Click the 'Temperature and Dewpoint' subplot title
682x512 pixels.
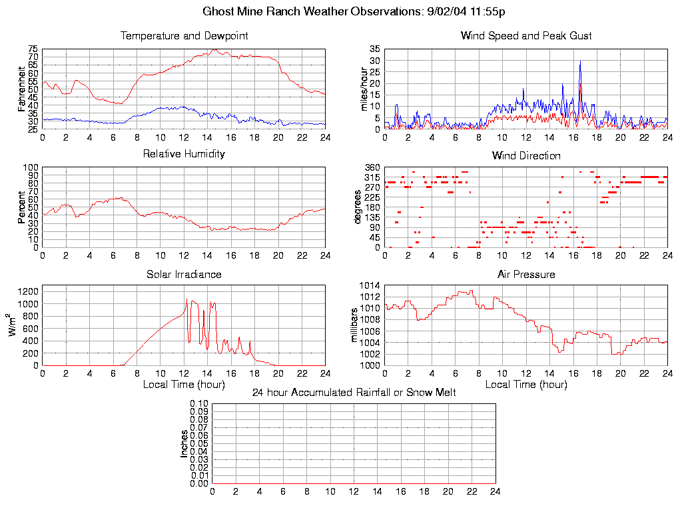[184, 36]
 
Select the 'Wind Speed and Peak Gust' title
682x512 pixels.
[526, 36]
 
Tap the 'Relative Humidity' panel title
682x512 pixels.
[184, 154]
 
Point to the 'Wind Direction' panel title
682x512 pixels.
[526, 156]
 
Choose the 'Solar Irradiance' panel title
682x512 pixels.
[184, 275]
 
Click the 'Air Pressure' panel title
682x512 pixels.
[526, 275]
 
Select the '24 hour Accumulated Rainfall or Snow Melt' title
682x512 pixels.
[354, 393]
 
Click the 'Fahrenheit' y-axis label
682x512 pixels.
[22, 87]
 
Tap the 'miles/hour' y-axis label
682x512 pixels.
[364, 88]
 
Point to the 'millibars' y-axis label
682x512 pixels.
[355, 325]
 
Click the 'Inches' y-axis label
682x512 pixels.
[184, 443]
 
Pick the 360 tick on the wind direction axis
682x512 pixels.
[372, 167]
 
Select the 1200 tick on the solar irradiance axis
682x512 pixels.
[28, 291]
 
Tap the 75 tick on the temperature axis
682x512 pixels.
[33, 49]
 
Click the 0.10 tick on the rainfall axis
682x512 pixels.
[199, 404]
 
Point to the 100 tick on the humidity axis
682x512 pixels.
[31, 167]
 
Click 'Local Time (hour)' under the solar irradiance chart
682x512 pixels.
[184, 385]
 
